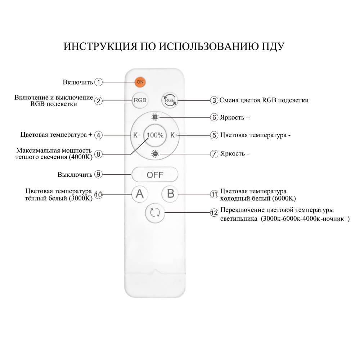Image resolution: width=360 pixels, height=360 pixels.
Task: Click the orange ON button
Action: [140, 82]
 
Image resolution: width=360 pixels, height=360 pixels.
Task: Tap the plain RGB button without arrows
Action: [140, 100]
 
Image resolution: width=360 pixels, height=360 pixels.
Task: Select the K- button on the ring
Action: [136, 135]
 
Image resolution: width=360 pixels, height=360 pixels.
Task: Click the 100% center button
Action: [155, 135]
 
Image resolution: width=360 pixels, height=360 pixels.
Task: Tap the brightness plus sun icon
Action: [155, 117]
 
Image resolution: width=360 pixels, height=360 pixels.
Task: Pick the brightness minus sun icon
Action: [155, 154]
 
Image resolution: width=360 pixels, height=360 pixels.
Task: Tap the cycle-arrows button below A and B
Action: [155, 213]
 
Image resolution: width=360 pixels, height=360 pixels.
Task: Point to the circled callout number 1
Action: [99, 82]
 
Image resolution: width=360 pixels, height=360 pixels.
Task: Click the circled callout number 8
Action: [99, 154]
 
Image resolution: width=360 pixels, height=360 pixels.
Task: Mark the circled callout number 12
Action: [214, 213]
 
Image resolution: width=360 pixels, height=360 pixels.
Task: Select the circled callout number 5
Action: [214, 135]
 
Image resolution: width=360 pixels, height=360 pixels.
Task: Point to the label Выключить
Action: [75, 175]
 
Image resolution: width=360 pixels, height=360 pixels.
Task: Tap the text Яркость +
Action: [234, 117]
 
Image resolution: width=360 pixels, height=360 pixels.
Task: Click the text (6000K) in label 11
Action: [284, 198]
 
